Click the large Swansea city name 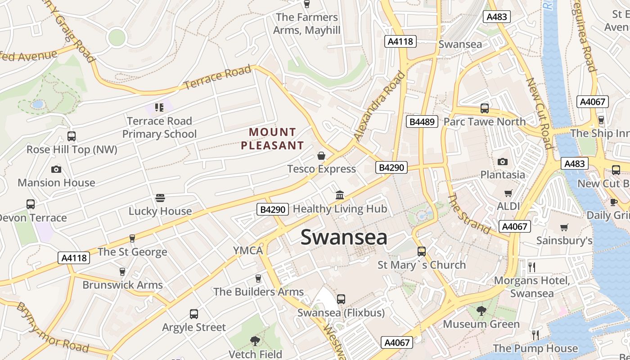[x=344, y=237]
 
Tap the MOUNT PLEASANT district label [x=272, y=139]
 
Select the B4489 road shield [x=422, y=121]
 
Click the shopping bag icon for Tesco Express [x=321, y=156]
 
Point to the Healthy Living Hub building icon [x=340, y=195]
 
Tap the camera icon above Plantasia [x=503, y=162]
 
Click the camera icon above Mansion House [x=56, y=169]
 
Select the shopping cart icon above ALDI [x=508, y=193]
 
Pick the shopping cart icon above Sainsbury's [x=564, y=227]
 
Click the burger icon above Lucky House [x=160, y=198]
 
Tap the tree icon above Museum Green [x=481, y=310]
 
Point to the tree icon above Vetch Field [x=255, y=341]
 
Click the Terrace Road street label [x=217, y=77]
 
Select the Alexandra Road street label [x=379, y=106]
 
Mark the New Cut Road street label [x=539, y=113]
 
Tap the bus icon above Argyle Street [x=194, y=314]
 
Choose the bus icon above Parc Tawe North [x=485, y=108]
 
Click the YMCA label [x=247, y=251]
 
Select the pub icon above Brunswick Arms [x=122, y=272]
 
